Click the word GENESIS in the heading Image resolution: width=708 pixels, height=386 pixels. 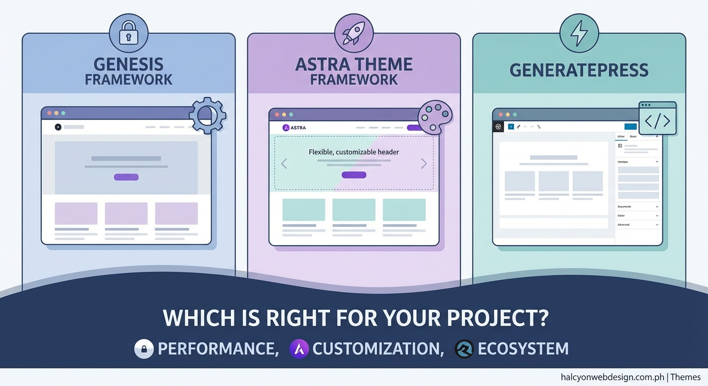coord(128,64)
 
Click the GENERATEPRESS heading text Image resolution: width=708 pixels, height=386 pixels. coord(579,70)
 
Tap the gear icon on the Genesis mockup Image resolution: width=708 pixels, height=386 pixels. coord(207,116)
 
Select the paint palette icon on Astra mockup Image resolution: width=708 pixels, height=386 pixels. coord(435,117)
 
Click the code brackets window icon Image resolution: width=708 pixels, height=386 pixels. coord(657,119)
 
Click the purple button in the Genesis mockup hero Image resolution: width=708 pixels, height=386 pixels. coord(126,177)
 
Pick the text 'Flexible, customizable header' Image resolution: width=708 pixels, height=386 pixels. coord(353,152)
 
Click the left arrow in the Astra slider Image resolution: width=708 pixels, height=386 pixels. coord(284,163)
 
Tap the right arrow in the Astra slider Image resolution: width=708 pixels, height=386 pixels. coord(423,163)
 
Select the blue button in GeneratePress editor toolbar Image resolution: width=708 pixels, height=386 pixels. coord(630,127)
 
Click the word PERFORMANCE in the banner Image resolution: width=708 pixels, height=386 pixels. coord(218,349)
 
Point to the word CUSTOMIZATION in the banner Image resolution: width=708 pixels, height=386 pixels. coord(378,349)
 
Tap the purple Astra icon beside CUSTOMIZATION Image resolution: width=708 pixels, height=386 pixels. coord(299,349)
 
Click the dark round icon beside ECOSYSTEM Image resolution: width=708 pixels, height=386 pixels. coord(464,349)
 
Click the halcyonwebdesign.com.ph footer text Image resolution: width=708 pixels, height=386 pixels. coord(613,377)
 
